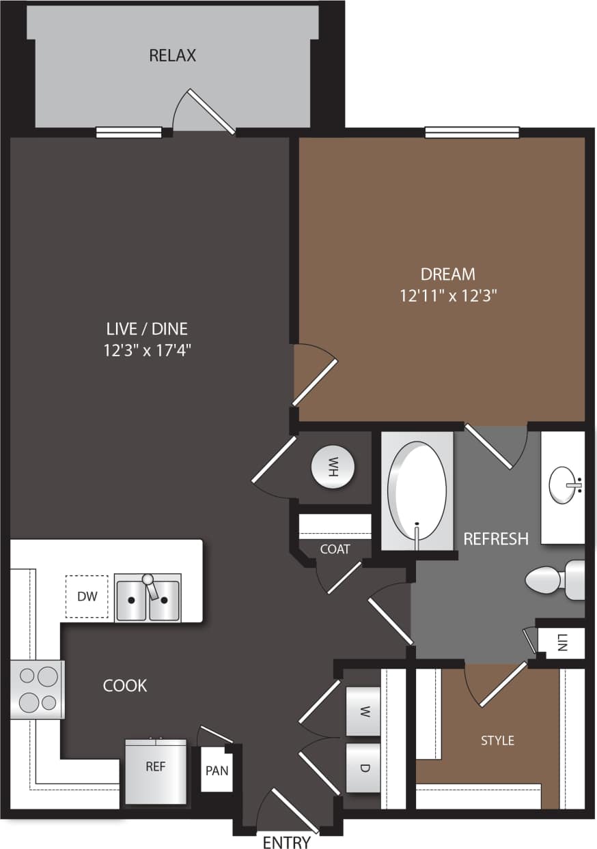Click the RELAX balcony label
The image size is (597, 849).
(172, 55)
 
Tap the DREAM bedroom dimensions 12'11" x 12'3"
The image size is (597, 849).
(448, 296)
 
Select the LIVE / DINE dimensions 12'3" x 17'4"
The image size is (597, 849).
(147, 351)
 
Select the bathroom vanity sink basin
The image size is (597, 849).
(565, 485)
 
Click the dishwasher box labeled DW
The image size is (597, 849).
(87, 596)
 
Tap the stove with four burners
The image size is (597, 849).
(38, 689)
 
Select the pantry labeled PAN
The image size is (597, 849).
(217, 771)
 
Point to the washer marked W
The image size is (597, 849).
(364, 712)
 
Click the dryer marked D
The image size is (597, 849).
(364, 768)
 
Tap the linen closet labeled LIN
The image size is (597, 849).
(561, 642)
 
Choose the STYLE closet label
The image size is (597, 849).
(497, 740)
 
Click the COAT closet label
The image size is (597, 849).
(335, 549)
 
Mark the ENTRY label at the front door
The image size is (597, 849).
(287, 842)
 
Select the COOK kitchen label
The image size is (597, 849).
(125, 685)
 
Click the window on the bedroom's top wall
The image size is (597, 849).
(472, 132)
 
